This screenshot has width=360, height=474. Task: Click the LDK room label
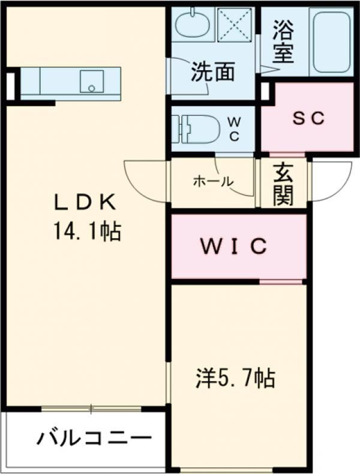pyautogui.click(x=85, y=203)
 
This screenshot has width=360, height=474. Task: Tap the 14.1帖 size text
pyautogui.click(x=88, y=231)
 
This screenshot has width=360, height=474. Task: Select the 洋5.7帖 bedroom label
pyautogui.click(x=236, y=378)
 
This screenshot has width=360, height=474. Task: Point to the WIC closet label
pyautogui.click(x=234, y=247)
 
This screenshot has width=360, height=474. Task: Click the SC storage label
pyautogui.click(x=308, y=118)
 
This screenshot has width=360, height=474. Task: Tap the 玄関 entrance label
pyautogui.click(x=283, y=184)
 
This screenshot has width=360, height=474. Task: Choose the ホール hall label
pyautogui.click(x=214, y=181)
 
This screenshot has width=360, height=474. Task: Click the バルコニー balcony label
pyautogui.click(x=94, y=438)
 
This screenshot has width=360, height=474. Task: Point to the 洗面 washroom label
pyautogui.click(x=213, y=72)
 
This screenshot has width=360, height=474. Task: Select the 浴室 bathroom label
pyautogui.click(x=283, y=42)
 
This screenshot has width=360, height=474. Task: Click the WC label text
pyautogui.click(x=234, y=129)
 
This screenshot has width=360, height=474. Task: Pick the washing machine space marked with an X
pyautogui.click(x=235, y=24)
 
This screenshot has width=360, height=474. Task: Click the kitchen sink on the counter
pyautogui.click(x=92, y=81)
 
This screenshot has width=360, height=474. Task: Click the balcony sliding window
pyautogui.click(x=91, y=409)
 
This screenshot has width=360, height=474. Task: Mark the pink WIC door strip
pyautogui.click(x=281, y=282)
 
